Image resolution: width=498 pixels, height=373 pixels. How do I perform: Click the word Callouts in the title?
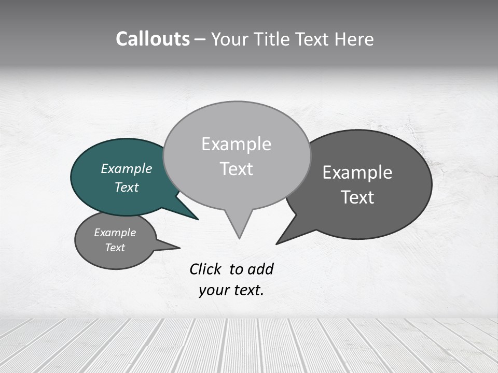tap(153, 39)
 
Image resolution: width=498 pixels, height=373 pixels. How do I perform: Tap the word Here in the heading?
tap(353, 39)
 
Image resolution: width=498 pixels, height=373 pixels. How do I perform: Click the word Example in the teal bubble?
tap(126, 168)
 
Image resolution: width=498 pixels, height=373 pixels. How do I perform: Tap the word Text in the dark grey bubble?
tap(357, 197)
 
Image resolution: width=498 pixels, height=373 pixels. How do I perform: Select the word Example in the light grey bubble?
tap(236, 144)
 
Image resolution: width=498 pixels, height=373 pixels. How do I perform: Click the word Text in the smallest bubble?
tap(115, 248)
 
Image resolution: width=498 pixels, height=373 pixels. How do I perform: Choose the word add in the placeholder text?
tap(260, 269)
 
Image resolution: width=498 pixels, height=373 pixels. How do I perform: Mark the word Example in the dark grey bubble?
tap(357, 173)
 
